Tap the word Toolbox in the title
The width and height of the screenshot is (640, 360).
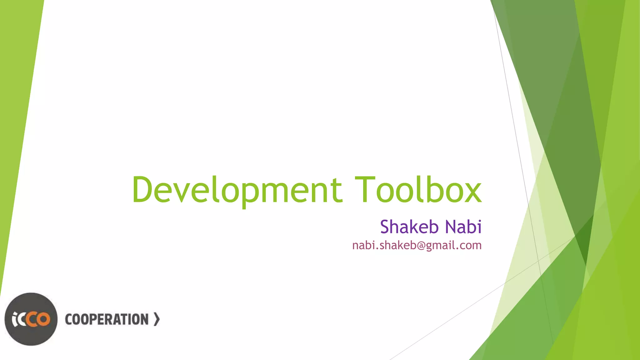418,189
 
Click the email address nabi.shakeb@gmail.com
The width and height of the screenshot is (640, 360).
417,246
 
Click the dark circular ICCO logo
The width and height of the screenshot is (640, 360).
31,319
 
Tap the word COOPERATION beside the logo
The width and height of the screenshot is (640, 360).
107,319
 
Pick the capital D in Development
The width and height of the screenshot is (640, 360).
142,189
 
